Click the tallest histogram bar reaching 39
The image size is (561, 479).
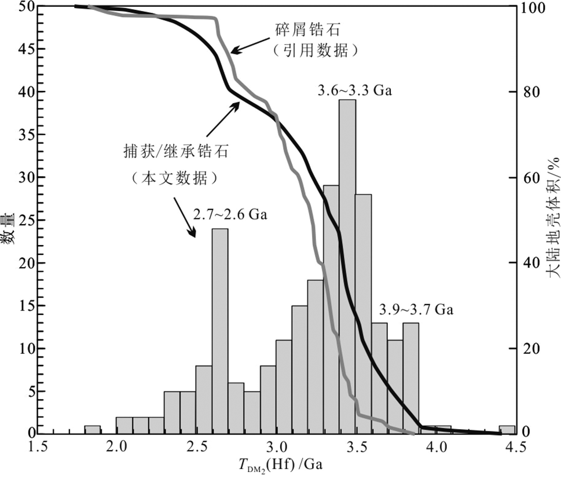pyautogui.click(x=347, y=266)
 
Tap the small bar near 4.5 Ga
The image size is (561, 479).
pyautogui.click(x=507, y=430)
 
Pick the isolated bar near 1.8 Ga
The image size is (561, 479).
pyautogui.click(x=92, y=430)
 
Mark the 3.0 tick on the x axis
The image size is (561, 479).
pyautogui.click(x=280, y=447)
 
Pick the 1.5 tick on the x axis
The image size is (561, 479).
pyautogui.click(x=38, y=447)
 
